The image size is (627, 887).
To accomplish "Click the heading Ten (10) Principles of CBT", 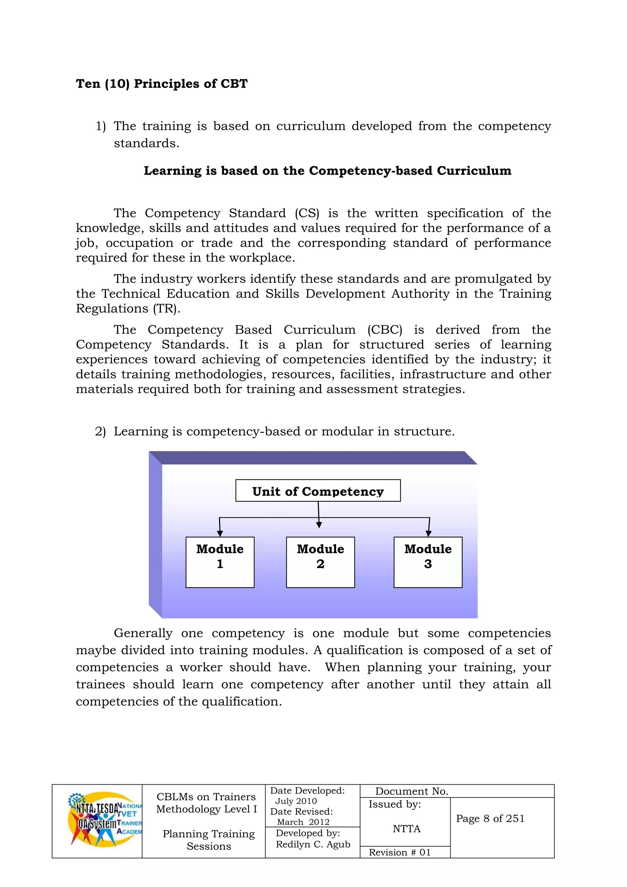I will [161, 84].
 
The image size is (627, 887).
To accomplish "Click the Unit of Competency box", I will [318, 491].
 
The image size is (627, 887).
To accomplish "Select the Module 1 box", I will [220, 562].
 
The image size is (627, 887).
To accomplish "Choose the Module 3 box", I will [428, 562].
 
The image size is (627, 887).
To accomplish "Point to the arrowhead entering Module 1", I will [220, 533].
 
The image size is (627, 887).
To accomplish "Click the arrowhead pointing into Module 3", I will [428, 533].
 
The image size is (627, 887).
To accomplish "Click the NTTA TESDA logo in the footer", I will [104, 819].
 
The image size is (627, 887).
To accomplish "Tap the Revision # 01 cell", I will [400, 852].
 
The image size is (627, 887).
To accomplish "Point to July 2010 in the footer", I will [296, 801].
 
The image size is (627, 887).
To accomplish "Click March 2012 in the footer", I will [303, 822].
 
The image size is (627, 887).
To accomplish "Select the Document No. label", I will [411, 791].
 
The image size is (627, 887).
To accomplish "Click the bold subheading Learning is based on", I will [327, 170].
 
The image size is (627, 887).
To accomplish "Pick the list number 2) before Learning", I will [100, 431].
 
